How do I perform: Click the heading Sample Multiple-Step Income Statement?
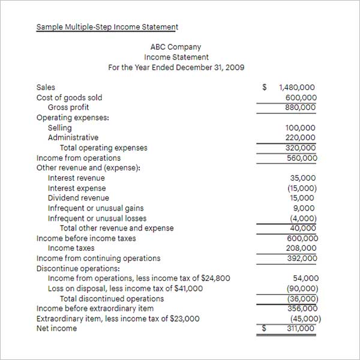coord(107,27)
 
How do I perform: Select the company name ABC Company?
coord(176,47)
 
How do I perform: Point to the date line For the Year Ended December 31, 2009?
coord(176,67)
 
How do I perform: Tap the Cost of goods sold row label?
coord(69,97)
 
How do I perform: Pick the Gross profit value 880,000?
coord(301,107)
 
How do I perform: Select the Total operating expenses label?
coord(103,148)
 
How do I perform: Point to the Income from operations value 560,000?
coord(302,158)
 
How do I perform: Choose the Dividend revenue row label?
coord(79,198)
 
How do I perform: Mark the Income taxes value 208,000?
coord(301,248)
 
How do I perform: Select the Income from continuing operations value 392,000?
coord(301,259)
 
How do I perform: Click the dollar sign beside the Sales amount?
coord(265,87)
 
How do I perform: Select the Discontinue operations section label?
coord(78,268)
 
